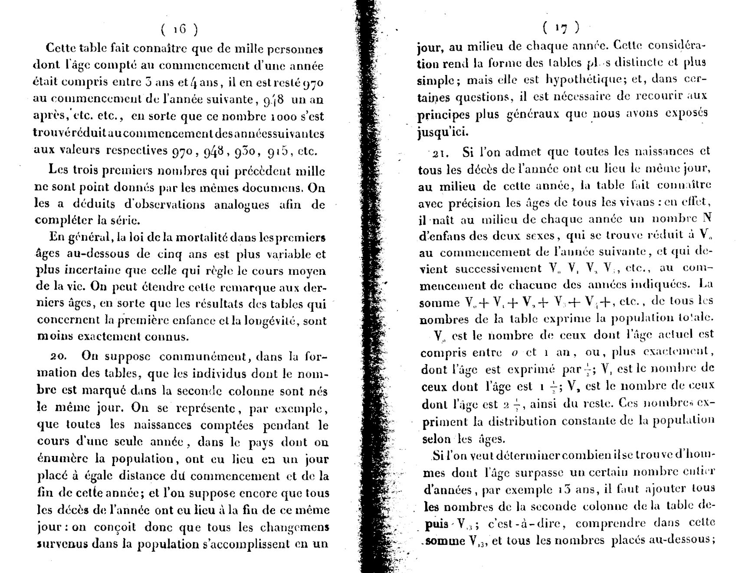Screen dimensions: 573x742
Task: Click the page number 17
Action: (x=561, y=28)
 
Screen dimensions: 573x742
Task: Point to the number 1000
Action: (x=284, y=117)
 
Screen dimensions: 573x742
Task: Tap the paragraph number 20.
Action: (x=57, y=357)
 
